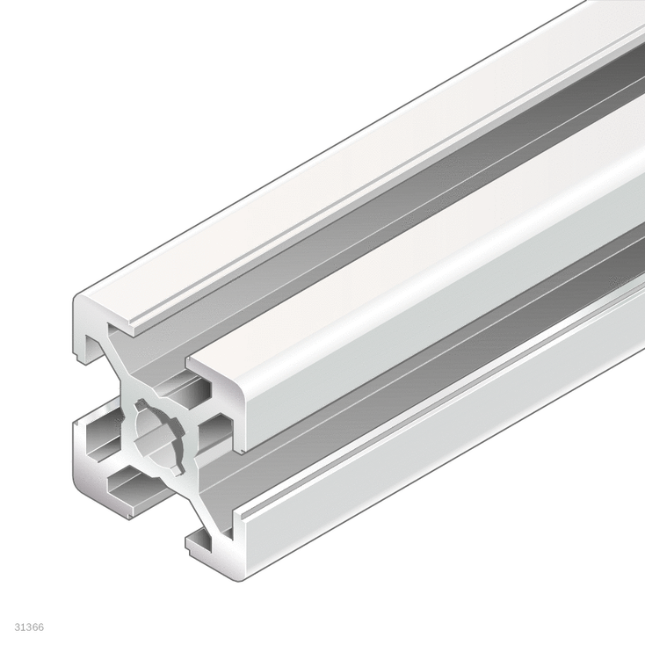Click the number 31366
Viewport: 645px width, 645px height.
click(x=29, y=627)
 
